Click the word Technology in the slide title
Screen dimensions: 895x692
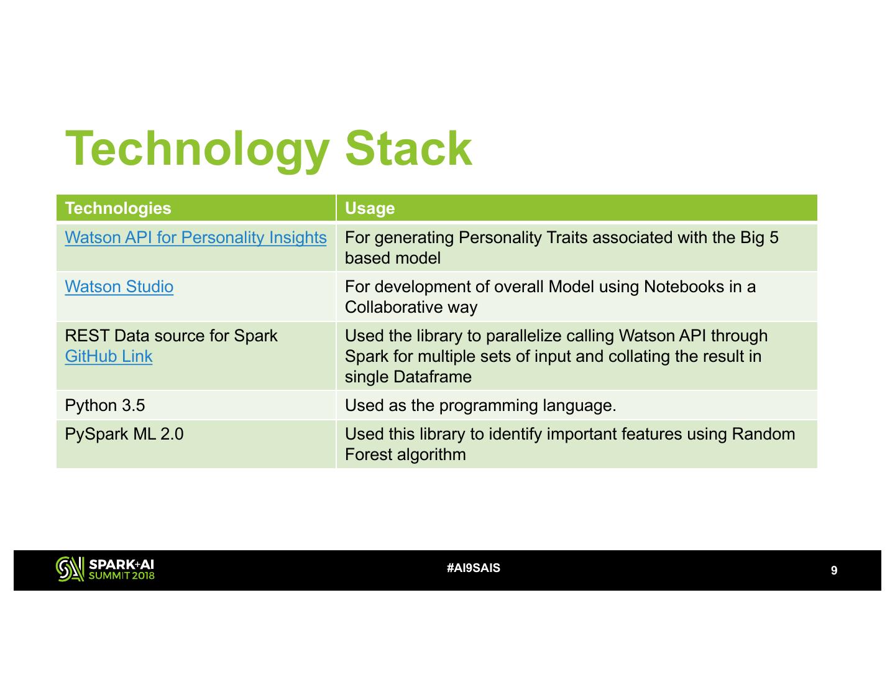[x=197, y=149]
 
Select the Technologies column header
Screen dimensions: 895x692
[x=118, y=208]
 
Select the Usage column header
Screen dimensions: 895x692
[x=369, y=208]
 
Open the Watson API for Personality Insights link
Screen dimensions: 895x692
[x=196, y=238]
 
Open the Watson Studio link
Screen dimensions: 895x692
[x=119, y=287]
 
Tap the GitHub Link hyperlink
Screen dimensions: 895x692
[x=109, y=356]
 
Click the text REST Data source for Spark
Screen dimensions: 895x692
[x=172, y=336]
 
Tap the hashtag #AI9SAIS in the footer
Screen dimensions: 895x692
[x=473, y=568]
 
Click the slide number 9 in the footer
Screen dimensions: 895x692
[x=834, y=571]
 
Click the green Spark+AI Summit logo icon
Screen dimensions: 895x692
[x=70, y=569]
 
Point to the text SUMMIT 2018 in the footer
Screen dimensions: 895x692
[x=121, y=576]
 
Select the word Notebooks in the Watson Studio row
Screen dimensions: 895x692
[x=684, y=287]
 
